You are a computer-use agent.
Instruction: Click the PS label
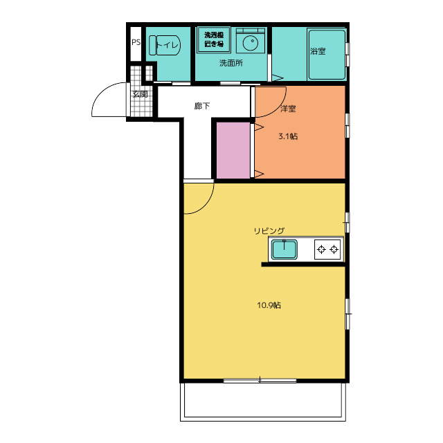click(x=136, y=42)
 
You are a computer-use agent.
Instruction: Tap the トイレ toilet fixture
click(x=165, y=45)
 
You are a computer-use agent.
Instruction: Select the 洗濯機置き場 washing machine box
click(x=214, y=39)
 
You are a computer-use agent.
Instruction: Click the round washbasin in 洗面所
click(x=251, y=44)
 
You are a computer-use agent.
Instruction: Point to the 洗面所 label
click(x=231, y=63)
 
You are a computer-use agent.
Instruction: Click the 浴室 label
click(x=318, y=51)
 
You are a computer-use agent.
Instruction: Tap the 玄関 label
click(x=140, y=94)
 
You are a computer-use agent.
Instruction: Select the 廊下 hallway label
click(x=202, y=106)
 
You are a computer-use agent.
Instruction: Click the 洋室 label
click(x=288, y=109)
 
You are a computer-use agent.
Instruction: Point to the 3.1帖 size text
click(x=288, y=136)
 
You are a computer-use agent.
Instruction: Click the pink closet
click(x=233, y=150)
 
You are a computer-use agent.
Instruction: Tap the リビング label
click(x=269, y=230)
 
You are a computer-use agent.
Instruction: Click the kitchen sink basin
click(x=284, y=249)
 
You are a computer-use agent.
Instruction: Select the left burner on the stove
click(x=321, y=249)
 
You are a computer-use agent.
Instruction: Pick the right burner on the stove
click(x=334, y=249)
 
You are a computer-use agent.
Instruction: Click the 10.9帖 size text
click(x=269, y=305)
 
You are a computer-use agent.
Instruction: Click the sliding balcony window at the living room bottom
click(x=260, y=381)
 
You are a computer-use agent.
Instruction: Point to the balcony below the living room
click(x=263, y=401)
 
